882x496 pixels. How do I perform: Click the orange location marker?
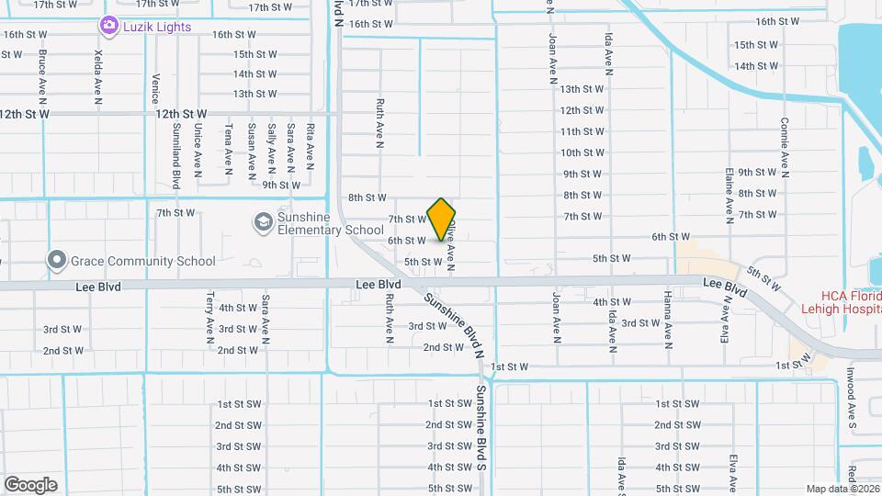(x=442, y=220)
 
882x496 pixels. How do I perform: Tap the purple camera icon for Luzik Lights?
(x=109, y=27)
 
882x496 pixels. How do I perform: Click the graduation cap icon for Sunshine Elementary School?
(x=264, y=222)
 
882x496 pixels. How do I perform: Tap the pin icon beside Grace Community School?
(x=58, y=261)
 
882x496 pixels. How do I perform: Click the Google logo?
(x=30, y=485)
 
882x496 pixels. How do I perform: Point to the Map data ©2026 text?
(x=842, y=489)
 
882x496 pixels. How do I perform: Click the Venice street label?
(x=156, y=90)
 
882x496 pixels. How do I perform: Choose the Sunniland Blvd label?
(x=175, y=159)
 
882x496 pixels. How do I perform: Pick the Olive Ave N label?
(x=451, y=242)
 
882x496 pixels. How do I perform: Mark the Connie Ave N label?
(x=785, y=147)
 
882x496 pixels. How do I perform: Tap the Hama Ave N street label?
(x=668, y=321)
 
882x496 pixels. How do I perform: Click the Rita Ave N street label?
(x=311, y=148)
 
